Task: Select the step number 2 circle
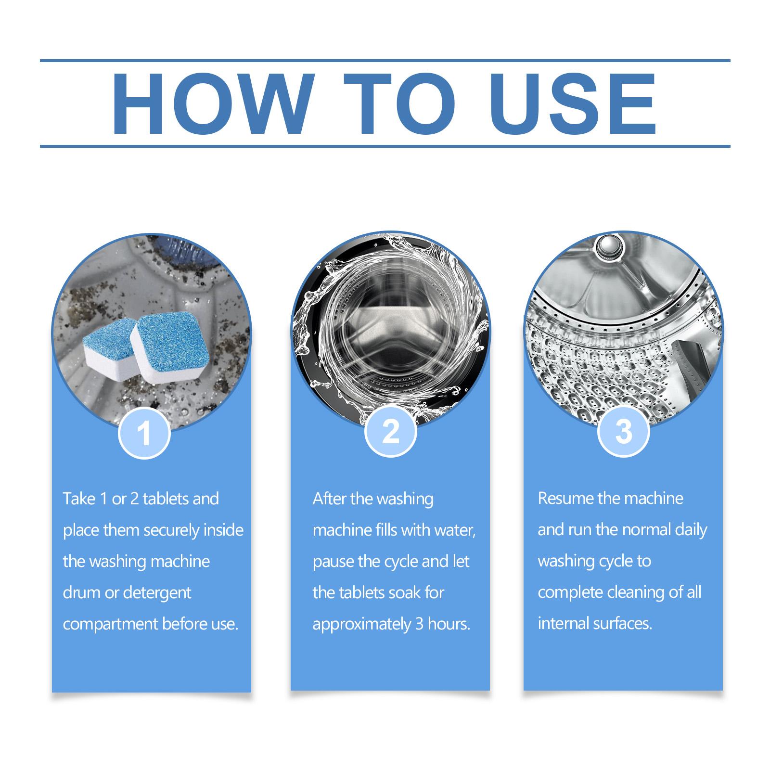[x=390, y=432]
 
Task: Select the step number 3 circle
[x=623, y=432]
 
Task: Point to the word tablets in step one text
[x=166, y=499]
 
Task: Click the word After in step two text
[x=329, y=499]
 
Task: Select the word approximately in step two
[x=361, y=624]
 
